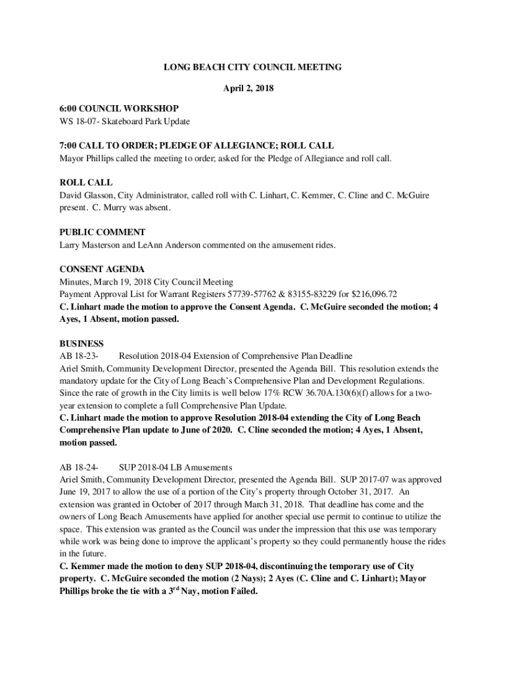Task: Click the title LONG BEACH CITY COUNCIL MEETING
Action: (253, 68)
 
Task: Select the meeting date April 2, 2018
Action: (253, 88)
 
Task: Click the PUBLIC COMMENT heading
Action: (102, 232)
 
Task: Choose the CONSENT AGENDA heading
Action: (102, 269)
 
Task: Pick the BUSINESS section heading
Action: (81, 343)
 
